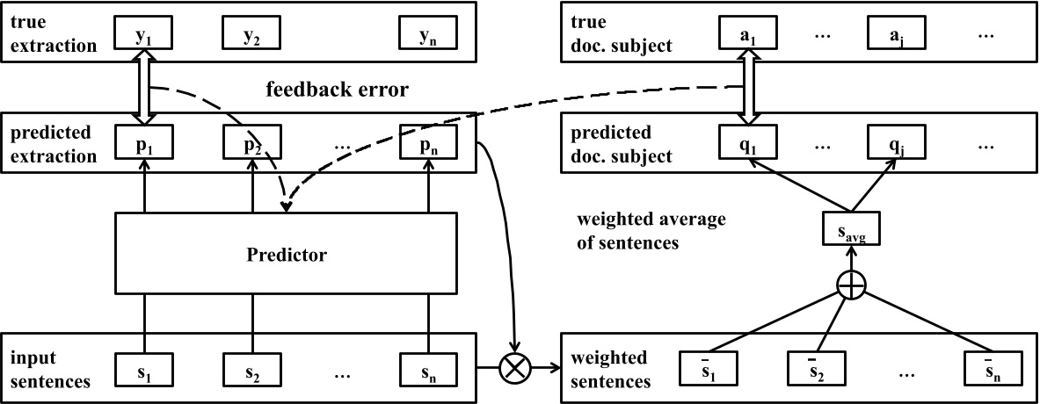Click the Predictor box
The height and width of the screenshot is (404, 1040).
pos(287,256)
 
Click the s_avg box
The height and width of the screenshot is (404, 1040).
pos(851,233)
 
